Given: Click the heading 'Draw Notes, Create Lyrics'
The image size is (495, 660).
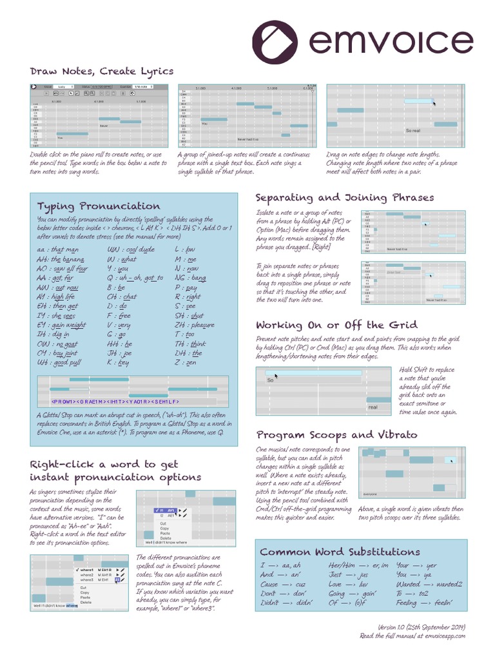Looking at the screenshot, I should [x=102, y=71].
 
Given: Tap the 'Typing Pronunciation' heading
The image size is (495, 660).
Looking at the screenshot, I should [x=99, y=206].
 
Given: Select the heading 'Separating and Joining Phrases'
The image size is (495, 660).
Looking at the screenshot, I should [x=345, y=197].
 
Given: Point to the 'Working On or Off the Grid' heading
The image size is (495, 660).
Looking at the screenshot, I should [x=336, y=325].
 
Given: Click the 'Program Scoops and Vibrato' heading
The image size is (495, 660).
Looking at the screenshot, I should [x=336, y=435].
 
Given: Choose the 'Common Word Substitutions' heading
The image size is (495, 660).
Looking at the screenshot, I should [x=340, y=552].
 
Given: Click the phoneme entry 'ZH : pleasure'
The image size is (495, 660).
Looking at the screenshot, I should [x=194, y=325].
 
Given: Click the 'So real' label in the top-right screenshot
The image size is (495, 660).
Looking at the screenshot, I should [x=412, y=130].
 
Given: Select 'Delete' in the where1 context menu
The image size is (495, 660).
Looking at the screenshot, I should [x=86, y=603].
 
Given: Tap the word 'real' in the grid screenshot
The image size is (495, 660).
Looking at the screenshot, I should [x=373, y=407].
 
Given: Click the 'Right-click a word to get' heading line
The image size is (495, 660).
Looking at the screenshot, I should [x=104, y=464].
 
